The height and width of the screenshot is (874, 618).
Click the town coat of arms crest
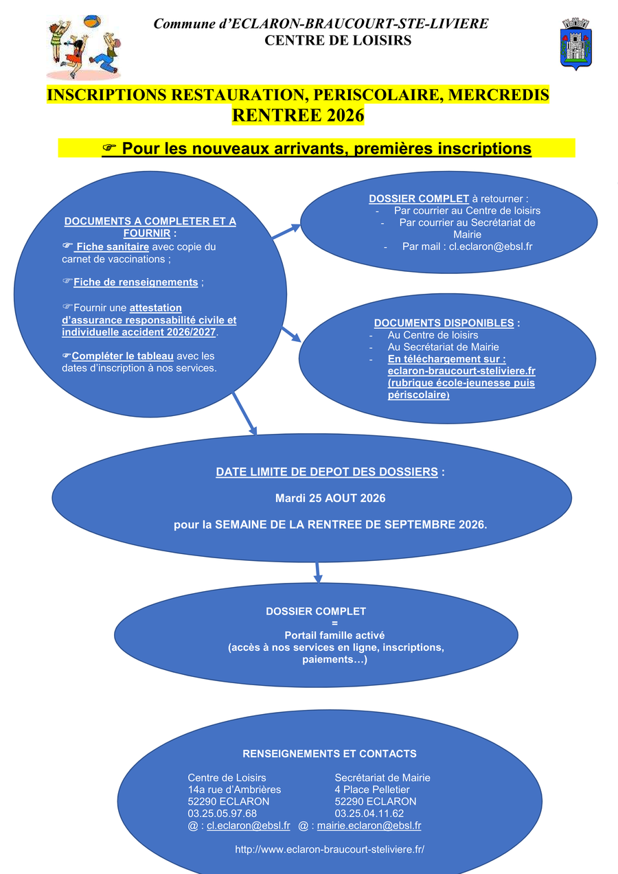point(576,44)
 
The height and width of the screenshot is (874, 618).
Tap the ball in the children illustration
point(92,21)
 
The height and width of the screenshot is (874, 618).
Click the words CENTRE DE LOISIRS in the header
point(338,41)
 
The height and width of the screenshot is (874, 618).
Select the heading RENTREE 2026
point(298,115)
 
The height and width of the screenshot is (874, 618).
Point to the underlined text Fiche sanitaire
point(113,246)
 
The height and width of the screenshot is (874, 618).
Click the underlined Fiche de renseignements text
point(136,282)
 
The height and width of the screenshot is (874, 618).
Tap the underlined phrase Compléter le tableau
point(122,356)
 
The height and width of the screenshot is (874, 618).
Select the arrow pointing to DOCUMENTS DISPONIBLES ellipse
point(291,335)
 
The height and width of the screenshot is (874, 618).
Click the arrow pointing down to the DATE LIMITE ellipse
point(244,413)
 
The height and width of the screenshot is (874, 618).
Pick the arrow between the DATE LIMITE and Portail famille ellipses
point(318,573)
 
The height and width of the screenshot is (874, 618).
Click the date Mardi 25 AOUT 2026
point(330,498)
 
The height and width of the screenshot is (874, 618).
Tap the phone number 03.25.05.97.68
point(222,814)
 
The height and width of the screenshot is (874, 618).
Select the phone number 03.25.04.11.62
point(369,814)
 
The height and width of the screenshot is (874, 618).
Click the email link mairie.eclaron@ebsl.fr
point(369,826)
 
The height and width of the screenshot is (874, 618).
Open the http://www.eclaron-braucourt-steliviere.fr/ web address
point(330,849)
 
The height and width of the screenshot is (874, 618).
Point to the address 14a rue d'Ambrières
point(234,790)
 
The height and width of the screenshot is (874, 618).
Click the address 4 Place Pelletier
point(372,790)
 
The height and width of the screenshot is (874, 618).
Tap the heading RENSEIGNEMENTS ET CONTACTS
point(330,754)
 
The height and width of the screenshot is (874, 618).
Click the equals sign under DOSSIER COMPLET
point(335,623)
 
